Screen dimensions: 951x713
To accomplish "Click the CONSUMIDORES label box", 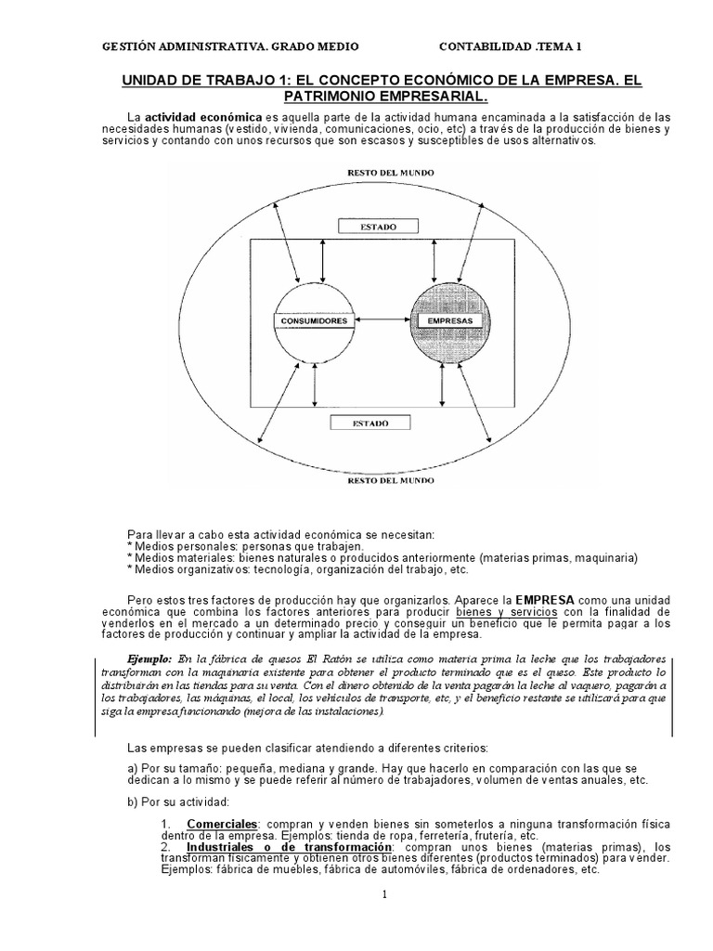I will click(312, 321).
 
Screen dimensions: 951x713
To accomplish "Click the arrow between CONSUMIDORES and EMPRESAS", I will click(381, 321).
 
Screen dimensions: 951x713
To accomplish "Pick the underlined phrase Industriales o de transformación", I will click(290, 847).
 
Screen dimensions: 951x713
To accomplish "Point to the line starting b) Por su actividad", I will click(175, 801).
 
